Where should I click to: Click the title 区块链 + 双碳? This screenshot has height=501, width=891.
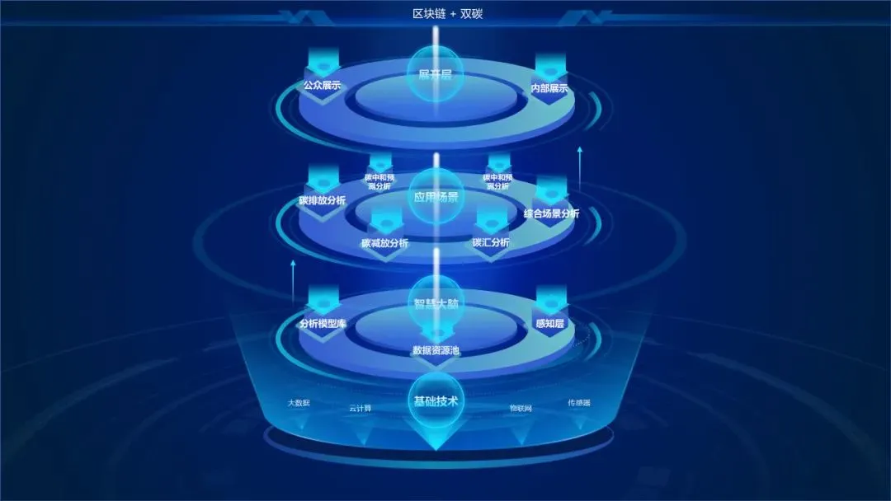(x=445, y=14)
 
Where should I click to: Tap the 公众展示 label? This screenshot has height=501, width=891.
(x=322, y=85)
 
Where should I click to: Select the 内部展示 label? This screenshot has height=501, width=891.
(x=550, y=88)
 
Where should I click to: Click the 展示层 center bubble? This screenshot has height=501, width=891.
(x=436, y=75)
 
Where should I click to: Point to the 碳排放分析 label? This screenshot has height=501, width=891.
(x=323, y=200)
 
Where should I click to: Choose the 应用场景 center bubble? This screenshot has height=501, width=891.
(x=436, y=196)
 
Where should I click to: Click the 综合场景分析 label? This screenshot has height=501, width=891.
(x=551, y=213)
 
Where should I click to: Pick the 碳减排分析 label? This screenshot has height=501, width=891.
(x=384, y=243)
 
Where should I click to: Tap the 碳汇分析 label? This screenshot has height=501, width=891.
(x=491, y=242)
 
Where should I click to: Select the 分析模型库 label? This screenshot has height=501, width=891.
(x=323, y=324)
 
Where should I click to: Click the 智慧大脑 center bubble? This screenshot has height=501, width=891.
(x=436, y=302)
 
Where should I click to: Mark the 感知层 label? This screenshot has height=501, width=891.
(x=549, y=324)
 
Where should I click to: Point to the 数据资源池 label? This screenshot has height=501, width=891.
(x=436, y=350)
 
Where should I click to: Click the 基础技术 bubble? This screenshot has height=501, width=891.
(x=436, y=402)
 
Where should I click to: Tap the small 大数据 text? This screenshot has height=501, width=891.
(x=299, y=403)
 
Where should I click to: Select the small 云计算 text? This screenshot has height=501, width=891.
(x=360, y=407)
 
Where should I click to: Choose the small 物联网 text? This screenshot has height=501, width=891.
(x=521, y=407)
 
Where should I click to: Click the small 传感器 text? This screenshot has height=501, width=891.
(x=579, y=403)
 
